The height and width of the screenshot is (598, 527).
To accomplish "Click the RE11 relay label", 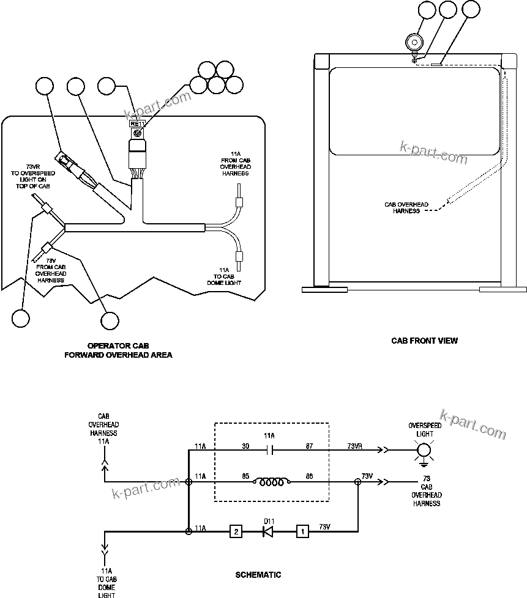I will coord(138,124).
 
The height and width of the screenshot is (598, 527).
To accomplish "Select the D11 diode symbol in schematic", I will coord(267,531).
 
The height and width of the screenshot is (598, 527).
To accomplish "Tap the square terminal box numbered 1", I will coord(302,531).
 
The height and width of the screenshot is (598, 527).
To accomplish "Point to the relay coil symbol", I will coord(272,482).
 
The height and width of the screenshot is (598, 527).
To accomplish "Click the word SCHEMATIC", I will coord(258,575).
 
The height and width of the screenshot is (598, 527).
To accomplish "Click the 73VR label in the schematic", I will coord(355,446).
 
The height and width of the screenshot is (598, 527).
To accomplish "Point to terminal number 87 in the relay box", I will coord(309,446).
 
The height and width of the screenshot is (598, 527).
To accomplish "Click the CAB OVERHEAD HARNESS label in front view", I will coord(406,208).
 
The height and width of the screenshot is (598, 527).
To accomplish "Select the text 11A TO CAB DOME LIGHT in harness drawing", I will coord(224,276).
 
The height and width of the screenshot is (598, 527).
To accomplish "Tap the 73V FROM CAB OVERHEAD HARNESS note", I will coord(51,270).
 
